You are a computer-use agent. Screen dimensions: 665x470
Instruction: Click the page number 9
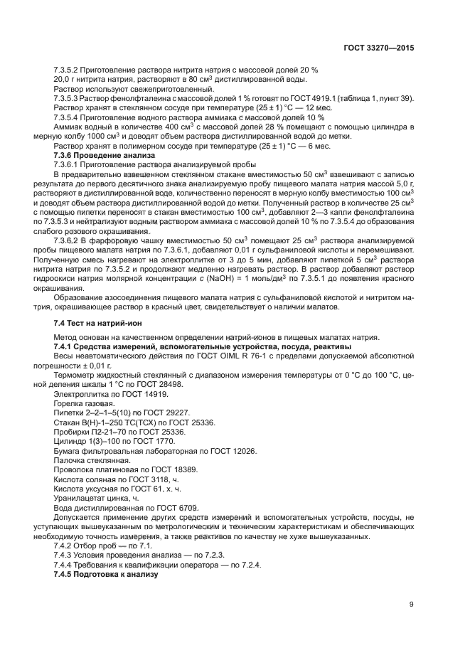point(412,605)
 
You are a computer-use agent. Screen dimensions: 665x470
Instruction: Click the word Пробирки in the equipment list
point(70,431)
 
